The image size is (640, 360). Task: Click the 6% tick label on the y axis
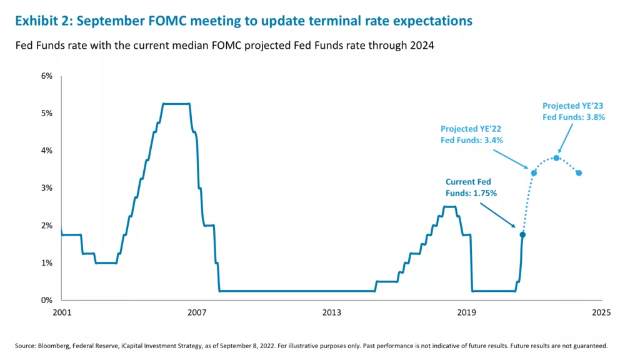pos(47,76)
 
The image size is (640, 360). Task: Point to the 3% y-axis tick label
pos(47,188)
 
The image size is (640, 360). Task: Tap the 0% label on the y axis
pos(47,300)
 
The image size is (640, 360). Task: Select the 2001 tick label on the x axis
pos(62,312)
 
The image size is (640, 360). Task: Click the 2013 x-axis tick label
pos(332,312)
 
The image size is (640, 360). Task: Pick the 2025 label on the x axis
pos(601,312)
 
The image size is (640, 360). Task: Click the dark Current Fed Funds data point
pos(522,234)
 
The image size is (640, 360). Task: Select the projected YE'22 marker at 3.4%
pos(534,172)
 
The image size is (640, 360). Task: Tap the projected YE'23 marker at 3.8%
pos(556,157)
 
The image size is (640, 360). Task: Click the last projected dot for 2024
pos(579,172)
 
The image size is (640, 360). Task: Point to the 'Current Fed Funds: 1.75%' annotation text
pos(471,187)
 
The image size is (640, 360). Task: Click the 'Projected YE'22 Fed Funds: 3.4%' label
pos(471,134)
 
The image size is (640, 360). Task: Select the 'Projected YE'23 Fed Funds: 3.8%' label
pos(573,111)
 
